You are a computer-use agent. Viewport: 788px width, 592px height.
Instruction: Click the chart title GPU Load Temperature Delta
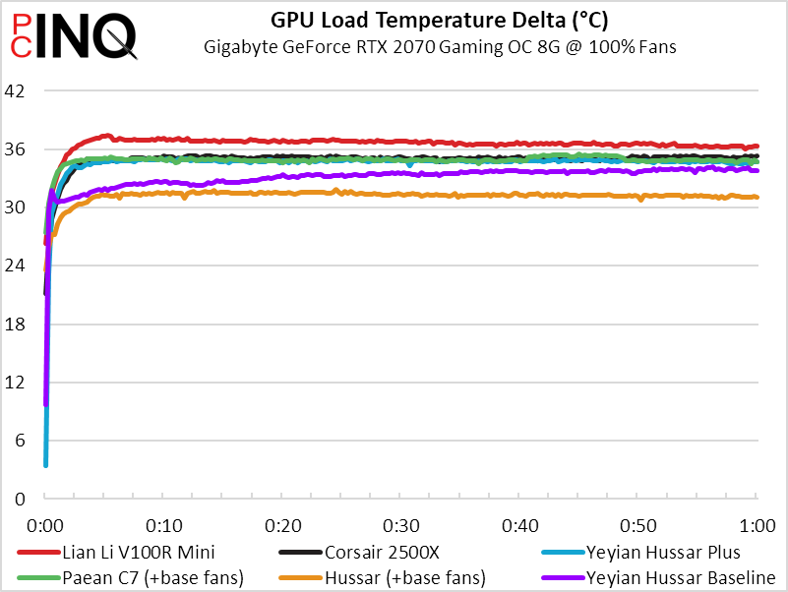[440, 19]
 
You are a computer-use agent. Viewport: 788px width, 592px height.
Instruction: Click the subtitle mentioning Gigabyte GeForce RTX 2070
[440, 45]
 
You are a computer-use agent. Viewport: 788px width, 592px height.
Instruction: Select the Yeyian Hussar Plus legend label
[662, 552]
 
